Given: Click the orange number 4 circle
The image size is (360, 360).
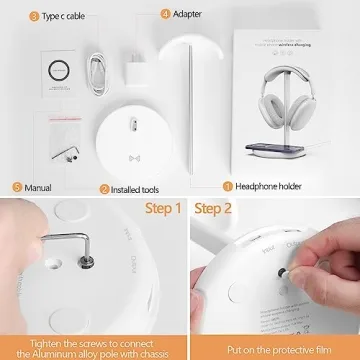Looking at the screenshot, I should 165,16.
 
